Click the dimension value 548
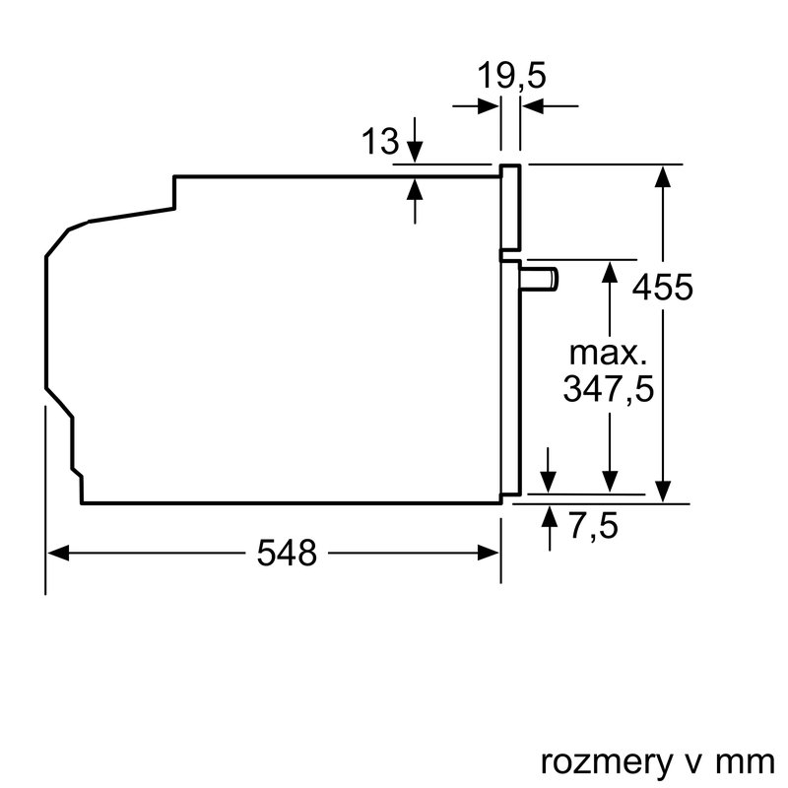pyautogui.click(x=288, y=554)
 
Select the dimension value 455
pyautogui.click(x=662, y=289)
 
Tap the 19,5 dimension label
pyautogui.click(x=510, y=76)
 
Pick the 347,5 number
pyautogui.click(x=608, y=389)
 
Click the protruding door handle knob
pyautogui.click(x=540, y=279)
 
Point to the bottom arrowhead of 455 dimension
pyautogui.click(x=665, y=491)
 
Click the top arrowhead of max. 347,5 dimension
pyautogui.click(x=611, y=273)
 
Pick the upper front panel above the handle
pyautogui.click(x=510, y=207)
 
